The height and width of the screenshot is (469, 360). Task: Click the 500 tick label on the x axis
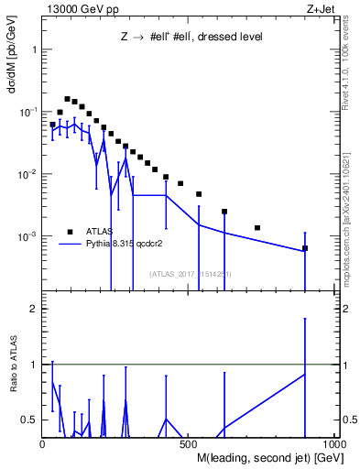(x=186, y=442)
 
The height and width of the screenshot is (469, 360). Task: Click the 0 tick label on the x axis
(x=42, y=442)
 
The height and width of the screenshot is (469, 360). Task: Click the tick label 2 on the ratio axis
(x=34, y=310)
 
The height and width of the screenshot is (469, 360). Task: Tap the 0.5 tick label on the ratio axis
(x=30, y=420)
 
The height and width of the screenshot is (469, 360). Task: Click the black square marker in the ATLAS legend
(x=69, y=231)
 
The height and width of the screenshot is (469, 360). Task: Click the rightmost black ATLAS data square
(x=305, y=248)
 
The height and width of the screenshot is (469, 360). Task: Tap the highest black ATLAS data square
(x=67, y=99)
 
